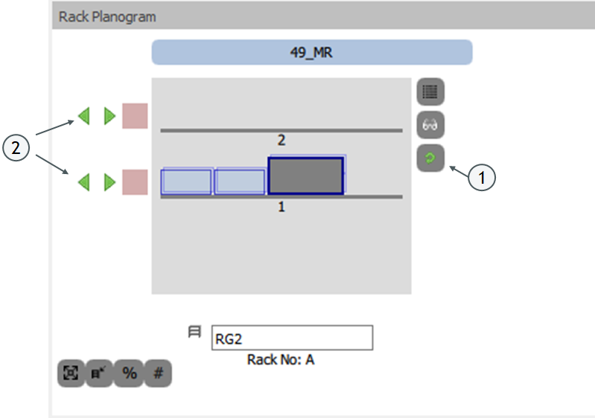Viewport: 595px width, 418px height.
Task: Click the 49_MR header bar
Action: click(x=312, y=53)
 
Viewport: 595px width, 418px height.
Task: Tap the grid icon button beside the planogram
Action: click(x=430, y=92)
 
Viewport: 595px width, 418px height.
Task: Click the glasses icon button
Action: click(x=430, y=126)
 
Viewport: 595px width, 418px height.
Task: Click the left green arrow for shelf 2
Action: click(x=84, y=116)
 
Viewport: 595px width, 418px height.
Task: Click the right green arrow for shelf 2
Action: click(x=109, y=116)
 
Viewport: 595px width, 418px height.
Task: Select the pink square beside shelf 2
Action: click(x=135, y=116)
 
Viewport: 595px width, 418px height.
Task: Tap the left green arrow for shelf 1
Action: click(x=84, y=182)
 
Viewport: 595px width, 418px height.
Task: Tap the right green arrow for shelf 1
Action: click(x=109, y=182)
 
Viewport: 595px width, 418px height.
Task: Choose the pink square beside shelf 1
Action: click(x=135, y=182)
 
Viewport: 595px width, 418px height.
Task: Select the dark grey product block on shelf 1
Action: click(x=305, y=176)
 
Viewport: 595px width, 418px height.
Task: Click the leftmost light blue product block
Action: click(x=186, y=181)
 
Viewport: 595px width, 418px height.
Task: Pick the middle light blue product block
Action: click(x=240, y=181)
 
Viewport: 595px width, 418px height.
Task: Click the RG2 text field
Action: click(x=292, y=338)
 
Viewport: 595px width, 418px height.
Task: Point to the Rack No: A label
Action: click(x=281, y=360)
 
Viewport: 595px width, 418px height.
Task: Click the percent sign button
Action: click(x=130, y=373)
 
